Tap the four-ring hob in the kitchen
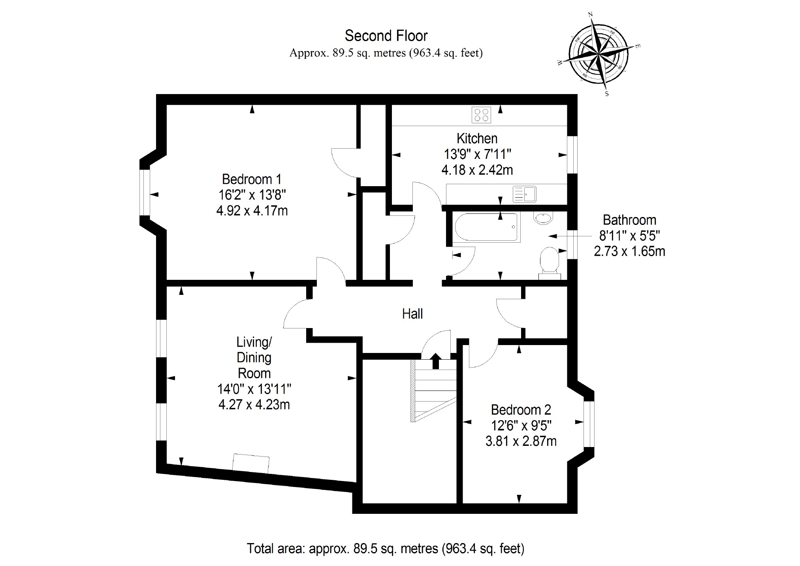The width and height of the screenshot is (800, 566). pos(481,115)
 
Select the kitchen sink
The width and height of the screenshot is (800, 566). pos(524,194)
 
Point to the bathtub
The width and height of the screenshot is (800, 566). pos(486,227)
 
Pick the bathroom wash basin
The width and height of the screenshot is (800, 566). pos(544,218)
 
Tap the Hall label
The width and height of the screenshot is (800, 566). pos(412,314)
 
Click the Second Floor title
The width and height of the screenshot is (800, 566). pos(386,36)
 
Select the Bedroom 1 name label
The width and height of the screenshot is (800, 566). pos(252,179)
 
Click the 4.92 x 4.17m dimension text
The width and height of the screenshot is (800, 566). pos(252,211)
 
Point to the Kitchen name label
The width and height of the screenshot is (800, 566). pos(477,138)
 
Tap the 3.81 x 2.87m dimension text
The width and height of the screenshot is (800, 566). pos(521,441)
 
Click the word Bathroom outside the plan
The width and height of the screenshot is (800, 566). pos(629,220)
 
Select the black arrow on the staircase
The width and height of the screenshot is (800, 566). pos(435,360)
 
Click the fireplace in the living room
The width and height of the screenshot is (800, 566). pos(251,463)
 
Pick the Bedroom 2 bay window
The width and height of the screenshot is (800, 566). pos(589,424)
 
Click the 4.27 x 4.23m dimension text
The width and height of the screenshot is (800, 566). pos(254,405)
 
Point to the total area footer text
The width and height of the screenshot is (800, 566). pos(385,549)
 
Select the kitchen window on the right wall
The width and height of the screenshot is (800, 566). pos(572,155)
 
